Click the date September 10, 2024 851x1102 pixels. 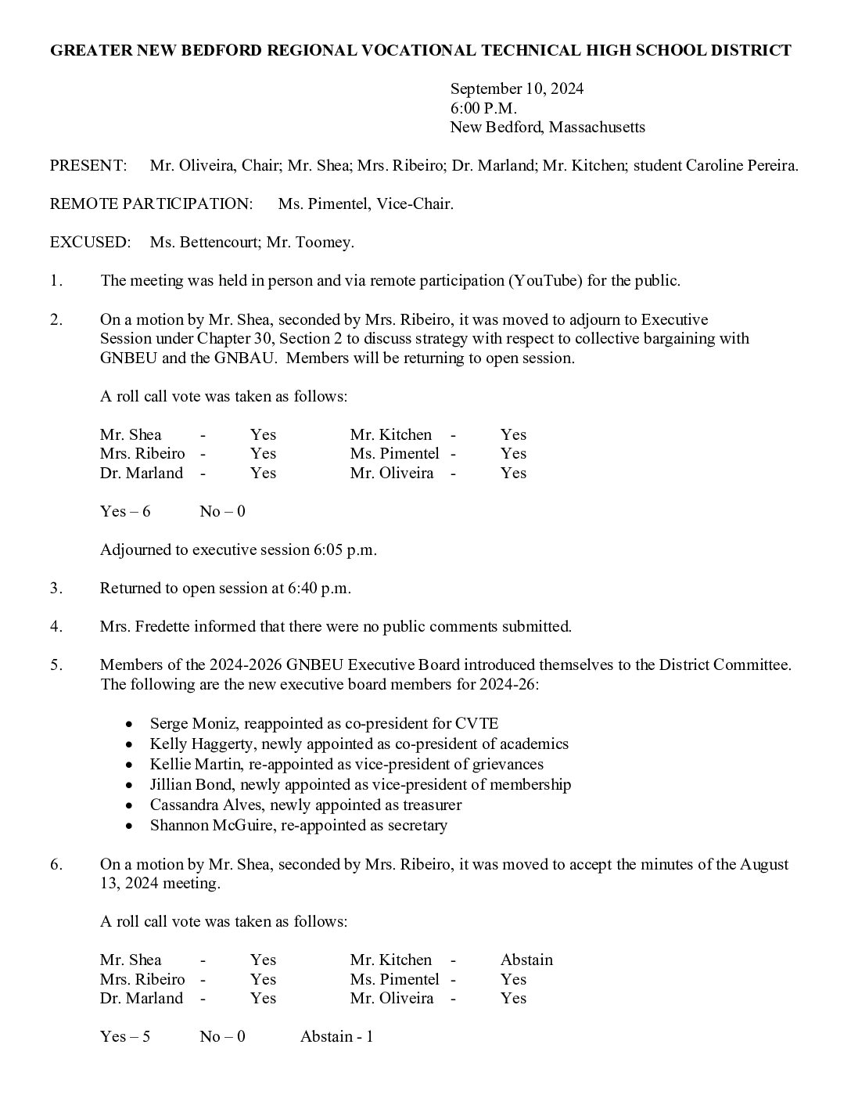[516, 88]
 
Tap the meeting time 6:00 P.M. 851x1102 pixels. [483, 108]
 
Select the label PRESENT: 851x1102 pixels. [88, 165]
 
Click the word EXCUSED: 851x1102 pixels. [90, 242]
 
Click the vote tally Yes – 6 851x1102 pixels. [125, 511]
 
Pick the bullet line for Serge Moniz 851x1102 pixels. [324, 723]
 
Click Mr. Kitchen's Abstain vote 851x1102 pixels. [526, 960]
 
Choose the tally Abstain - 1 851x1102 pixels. [336, 1036]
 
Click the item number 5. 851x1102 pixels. [56, 664]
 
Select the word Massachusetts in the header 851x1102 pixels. [597, 127]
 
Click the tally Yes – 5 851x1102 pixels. [125, 1036]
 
